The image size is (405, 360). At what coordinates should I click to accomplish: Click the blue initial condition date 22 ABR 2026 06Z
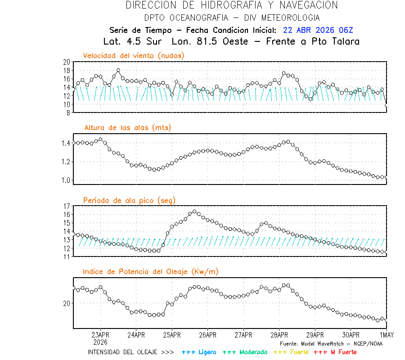pyautogui.click(x=318, y=31)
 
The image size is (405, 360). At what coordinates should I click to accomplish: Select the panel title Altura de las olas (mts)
pyautogui.click(x=128, y=128)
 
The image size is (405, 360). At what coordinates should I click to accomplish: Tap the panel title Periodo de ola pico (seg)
pyautogui.click(x=129, y=200)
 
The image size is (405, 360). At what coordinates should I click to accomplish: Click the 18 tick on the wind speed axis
pyautogui.click(x=66, y=71)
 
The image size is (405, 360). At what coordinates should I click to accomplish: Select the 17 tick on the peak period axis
pyautogui.click(x=66, y=206)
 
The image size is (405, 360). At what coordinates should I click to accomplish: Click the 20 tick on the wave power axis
pyautogui.click(x=66, y=303)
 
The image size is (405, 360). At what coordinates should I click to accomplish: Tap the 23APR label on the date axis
pyautogui.click(x=100, y=335)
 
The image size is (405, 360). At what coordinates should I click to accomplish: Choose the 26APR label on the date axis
pyautogui.click(x=207, y=335)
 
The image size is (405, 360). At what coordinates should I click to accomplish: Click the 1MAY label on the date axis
pyautogui.click(x=386, y=335)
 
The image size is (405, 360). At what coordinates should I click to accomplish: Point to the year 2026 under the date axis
pyautogui.click(x=100, y=342)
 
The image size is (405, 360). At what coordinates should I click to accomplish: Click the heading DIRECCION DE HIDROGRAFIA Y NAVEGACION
pyautogui.click(x=232, y=5)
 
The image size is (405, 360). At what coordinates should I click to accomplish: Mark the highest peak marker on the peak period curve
pyautogui.click(x=194, y=211)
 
